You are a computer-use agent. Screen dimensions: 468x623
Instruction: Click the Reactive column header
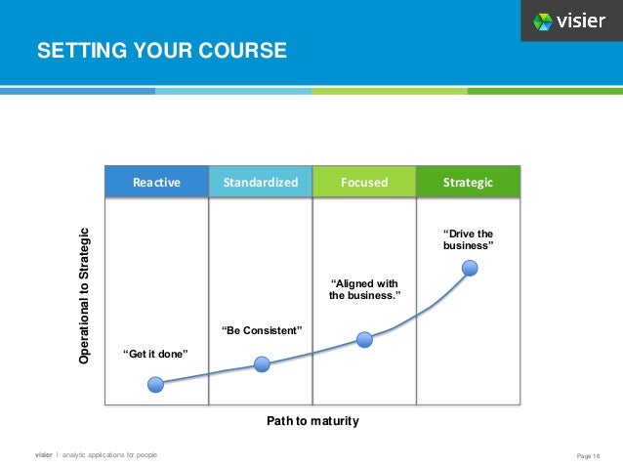(x=156, y=182)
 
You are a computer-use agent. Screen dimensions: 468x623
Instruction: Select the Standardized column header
(x=260, y=182)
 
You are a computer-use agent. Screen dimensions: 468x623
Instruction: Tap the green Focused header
(x=364, y=182)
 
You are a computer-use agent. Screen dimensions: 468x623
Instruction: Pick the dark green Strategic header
(x=468, y=182)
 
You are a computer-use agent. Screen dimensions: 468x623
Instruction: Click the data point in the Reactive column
(x=156, y=385)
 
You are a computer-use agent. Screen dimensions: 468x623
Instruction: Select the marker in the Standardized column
(x=261, y=364)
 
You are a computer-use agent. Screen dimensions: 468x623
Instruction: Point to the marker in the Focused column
(x=364, y=340)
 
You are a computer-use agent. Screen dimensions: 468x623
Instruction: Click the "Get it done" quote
(x=154, y=354)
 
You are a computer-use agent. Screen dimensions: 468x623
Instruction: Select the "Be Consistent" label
(x=262, y=331)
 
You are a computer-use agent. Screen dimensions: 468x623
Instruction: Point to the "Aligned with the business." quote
(x=364, y=289)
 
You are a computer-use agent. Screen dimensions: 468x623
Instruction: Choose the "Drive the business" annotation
(x=469, y=239)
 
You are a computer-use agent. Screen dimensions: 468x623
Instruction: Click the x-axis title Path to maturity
(x=312, y=421)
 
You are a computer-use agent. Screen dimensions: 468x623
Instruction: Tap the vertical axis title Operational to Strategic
(x=85, y=296)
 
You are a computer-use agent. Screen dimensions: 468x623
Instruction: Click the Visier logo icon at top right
(x=543, y=21)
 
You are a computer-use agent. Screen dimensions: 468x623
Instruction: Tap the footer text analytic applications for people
(x=108, y=455)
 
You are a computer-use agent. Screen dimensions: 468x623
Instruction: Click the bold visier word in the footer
(x=44, y=455)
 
